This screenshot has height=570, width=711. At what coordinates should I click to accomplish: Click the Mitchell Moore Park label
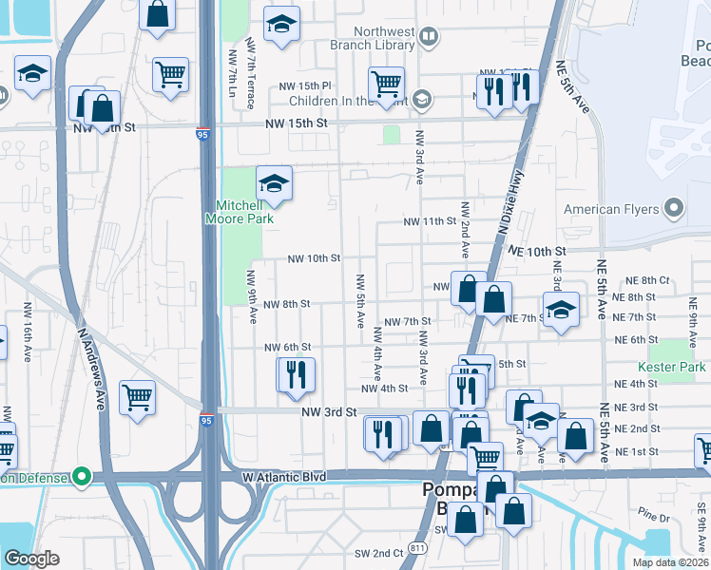(239, 212)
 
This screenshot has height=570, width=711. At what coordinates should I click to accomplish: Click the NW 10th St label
(315, 258)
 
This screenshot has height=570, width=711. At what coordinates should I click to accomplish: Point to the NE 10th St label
(537, 250)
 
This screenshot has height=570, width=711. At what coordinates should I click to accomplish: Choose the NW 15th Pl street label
(303, 86)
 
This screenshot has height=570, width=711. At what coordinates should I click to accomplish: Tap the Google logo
(31, 558)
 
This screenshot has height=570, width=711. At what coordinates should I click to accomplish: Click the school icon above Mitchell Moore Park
(274, 182)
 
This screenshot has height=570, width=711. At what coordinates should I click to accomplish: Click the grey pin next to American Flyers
(675, 207)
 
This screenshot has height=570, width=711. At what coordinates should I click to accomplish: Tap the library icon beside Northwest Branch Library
(429, 37)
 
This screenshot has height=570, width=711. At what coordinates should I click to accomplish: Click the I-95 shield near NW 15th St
(204, 134)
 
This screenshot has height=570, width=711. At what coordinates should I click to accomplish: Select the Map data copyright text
(670, 562)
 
